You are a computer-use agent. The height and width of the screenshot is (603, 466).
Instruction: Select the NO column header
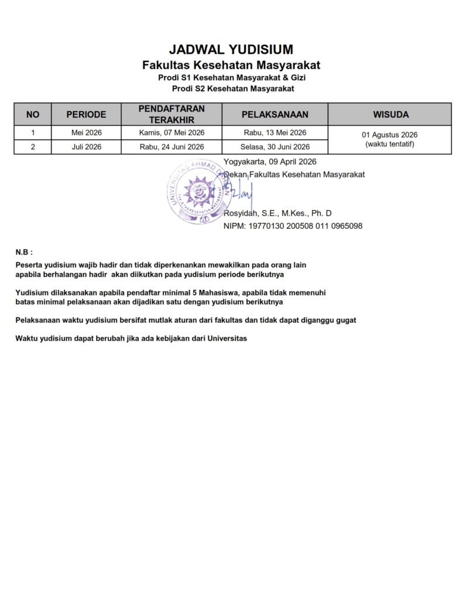point(33,114)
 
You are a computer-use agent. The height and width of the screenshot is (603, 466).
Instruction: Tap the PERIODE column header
point(86,114)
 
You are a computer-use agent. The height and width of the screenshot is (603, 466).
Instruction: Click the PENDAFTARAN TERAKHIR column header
point(172,114)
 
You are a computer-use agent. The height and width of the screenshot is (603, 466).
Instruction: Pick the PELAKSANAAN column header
point(275,114)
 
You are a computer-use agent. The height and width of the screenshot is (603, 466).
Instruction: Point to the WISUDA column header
point(389,114)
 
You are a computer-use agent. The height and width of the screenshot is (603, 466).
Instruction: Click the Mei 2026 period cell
point(86,132)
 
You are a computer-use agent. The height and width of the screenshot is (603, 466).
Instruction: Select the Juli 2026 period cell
point(86,147)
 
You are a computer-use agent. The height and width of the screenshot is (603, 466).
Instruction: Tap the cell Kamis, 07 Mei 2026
point(172,132)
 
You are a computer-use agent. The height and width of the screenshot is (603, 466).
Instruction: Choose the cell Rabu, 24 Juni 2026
point(172,147)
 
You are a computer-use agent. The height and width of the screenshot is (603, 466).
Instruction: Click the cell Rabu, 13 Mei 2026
point(275,132)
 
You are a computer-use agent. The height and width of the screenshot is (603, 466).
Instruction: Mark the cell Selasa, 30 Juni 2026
point(275,147)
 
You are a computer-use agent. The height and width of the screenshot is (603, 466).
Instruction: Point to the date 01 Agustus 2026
point(389,135)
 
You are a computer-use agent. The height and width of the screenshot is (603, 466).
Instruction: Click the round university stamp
point(197,191)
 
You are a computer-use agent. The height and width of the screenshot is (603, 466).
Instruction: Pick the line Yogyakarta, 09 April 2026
point(270,162)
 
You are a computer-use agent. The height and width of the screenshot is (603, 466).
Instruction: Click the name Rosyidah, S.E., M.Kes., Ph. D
point(277,213)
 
